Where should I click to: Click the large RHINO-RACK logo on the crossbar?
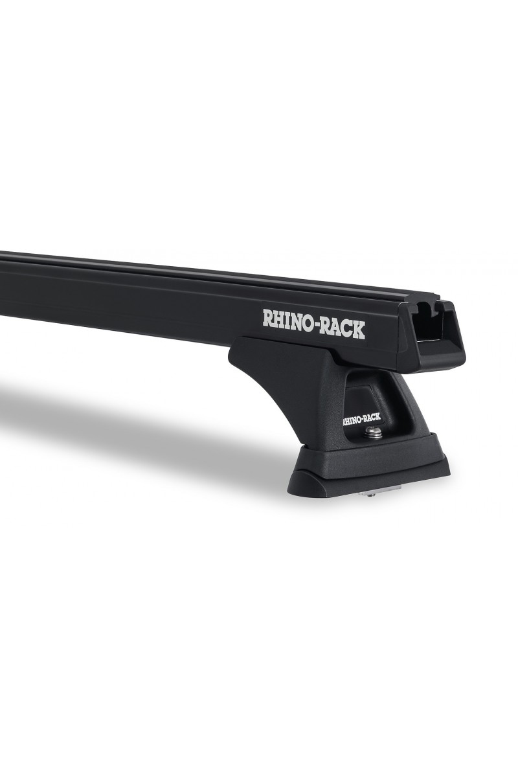tap(313, 323)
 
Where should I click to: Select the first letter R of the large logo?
tap(269, 318)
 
